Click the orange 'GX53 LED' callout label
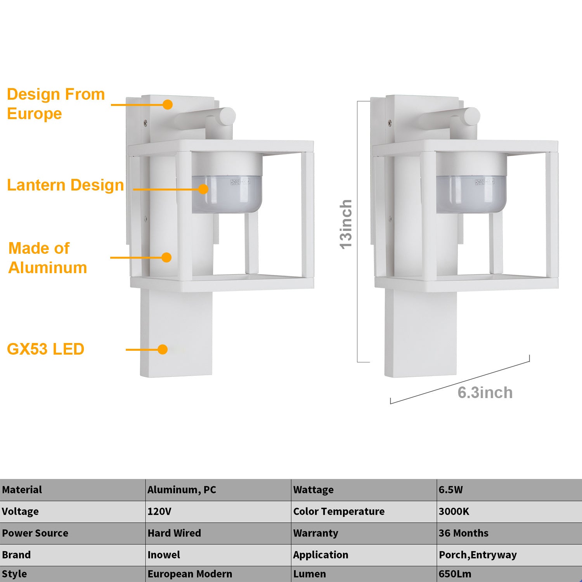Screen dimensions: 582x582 (46, 349)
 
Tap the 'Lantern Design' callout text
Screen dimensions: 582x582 (66, 185)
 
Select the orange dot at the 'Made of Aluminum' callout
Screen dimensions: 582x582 (166, 258)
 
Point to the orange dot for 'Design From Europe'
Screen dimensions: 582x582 (168, 104)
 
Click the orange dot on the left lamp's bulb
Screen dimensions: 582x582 (203, 189)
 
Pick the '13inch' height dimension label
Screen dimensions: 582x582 (346, 224)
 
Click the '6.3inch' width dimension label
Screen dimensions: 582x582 (485, 393)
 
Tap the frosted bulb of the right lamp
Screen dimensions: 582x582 (471, 194)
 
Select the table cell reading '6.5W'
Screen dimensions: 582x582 (451, 490)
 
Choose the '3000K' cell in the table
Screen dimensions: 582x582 (454, 511)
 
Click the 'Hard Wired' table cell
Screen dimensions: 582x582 (174, 533)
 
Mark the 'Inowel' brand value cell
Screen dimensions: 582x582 (164, 555)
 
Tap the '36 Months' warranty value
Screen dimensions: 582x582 (464, 533)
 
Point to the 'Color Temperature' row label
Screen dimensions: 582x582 (339, 511)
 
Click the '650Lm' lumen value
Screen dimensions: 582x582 (455, 574)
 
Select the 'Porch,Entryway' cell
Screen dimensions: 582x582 (478, 555)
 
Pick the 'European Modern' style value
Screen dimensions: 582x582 (190, 574)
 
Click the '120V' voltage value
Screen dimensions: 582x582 (159, 511)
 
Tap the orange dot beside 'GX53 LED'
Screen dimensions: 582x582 (163, 350)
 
